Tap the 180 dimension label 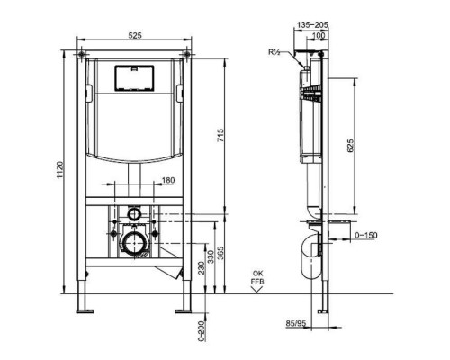pyautogui.click(x=168, y=182)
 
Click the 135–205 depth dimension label pyautogui.click(x=311, y=26)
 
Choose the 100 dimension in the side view pyautogui.click(x=318, y=35)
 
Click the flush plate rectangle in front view pyautogui.click(x=134, y=76)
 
